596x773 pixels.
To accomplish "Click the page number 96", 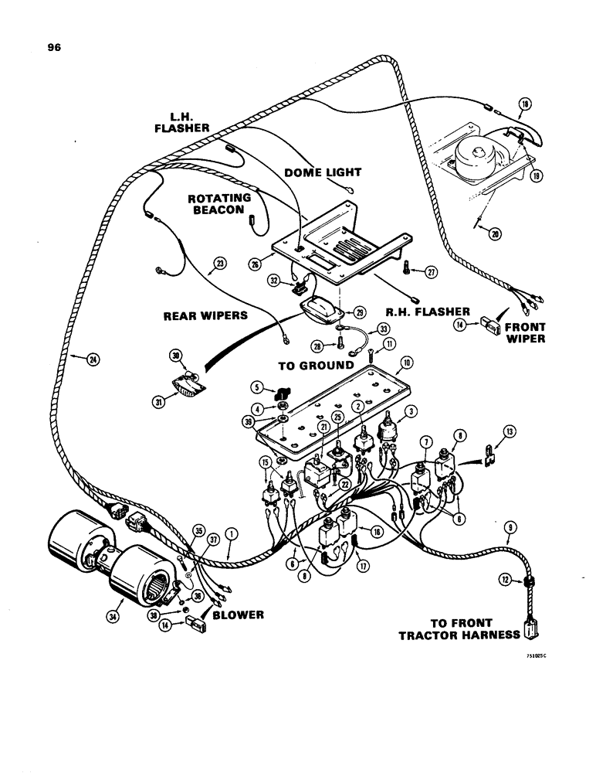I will click(53, 47).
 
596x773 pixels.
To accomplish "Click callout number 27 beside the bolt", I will click(432, 271).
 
